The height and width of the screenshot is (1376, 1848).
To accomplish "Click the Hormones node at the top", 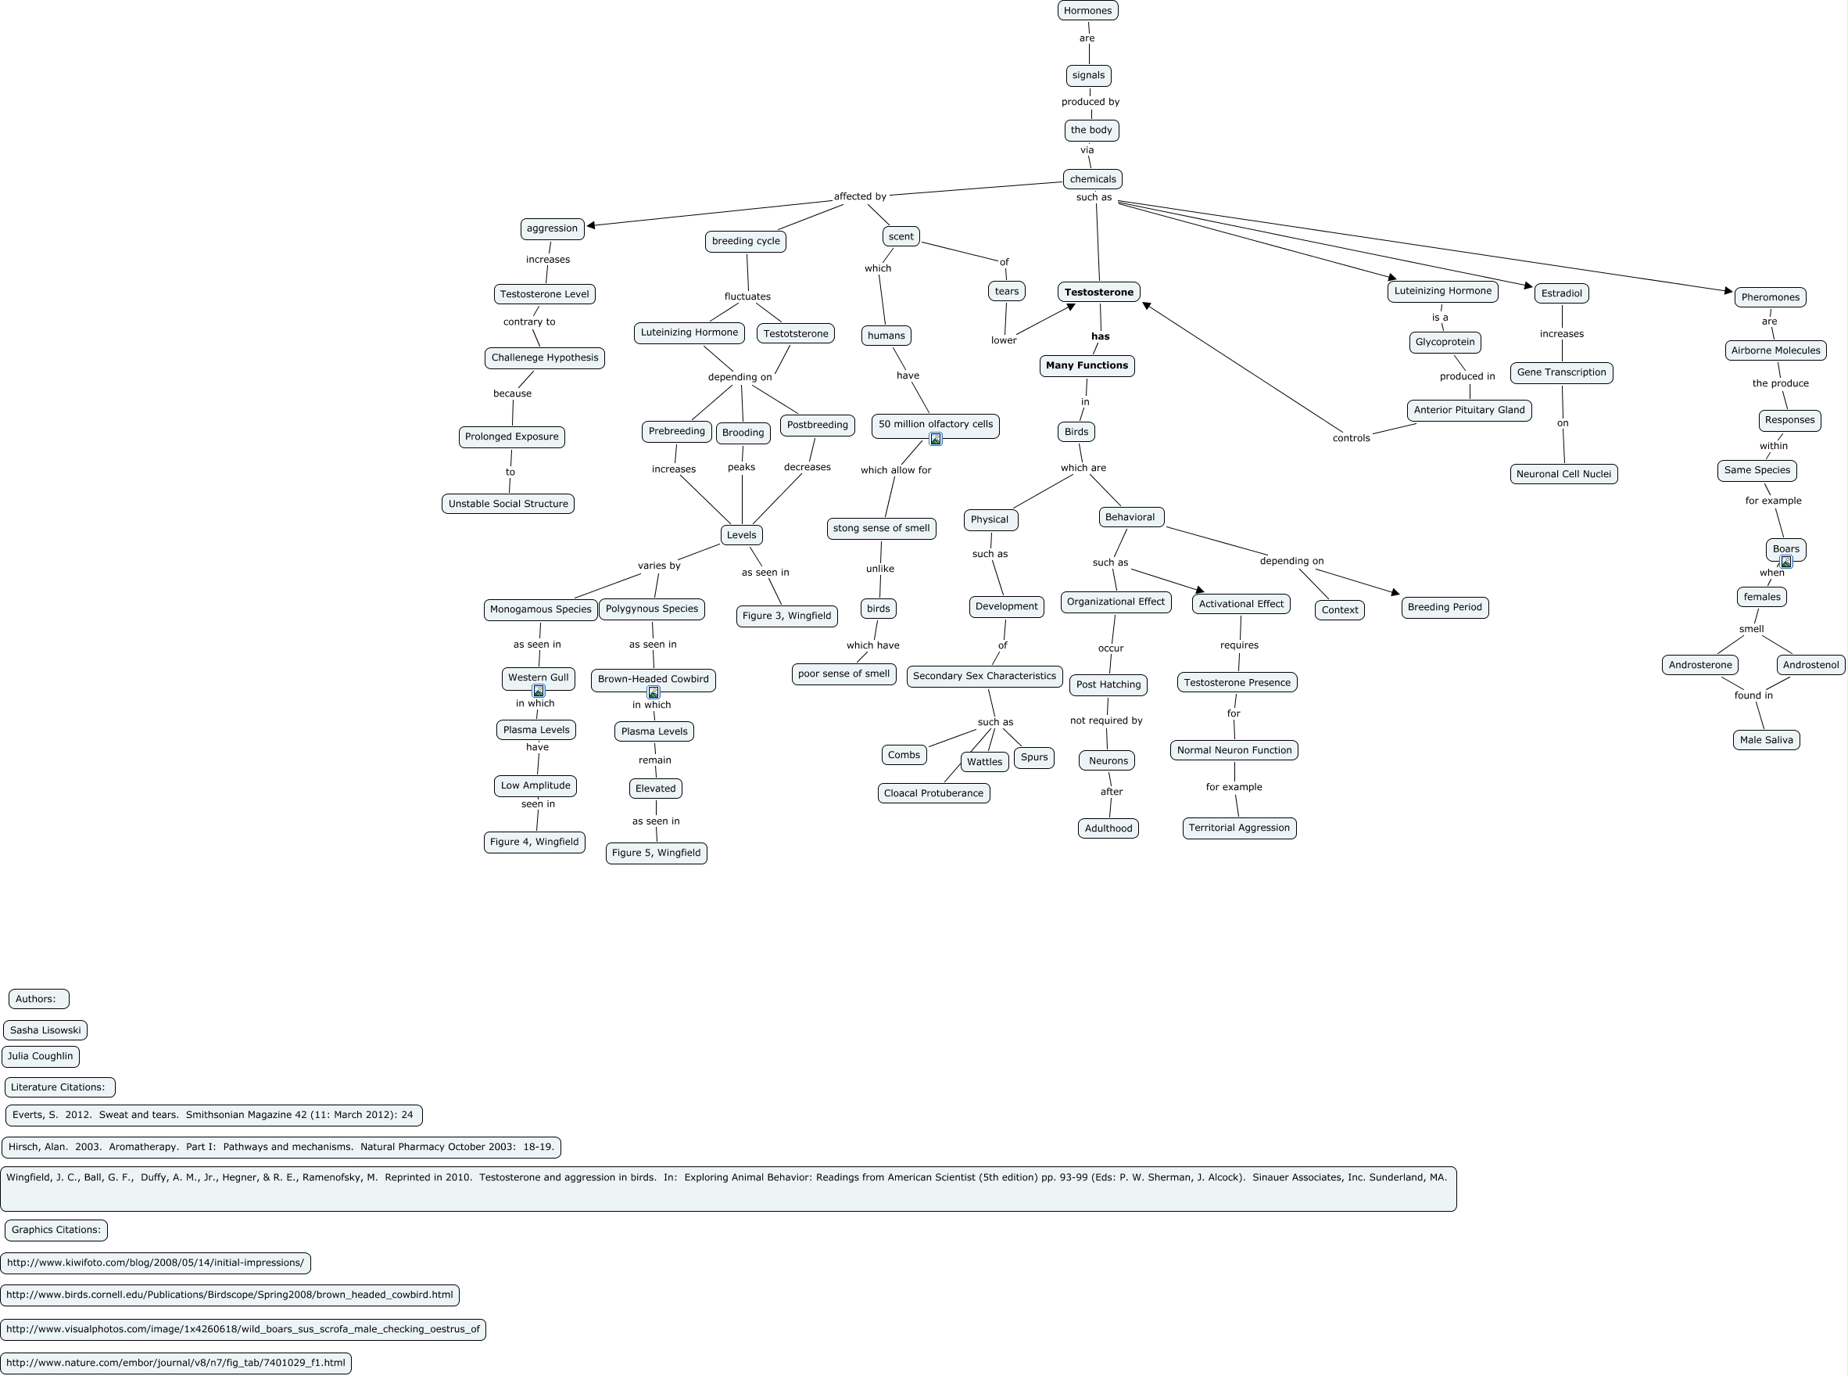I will [x=1087, y=11].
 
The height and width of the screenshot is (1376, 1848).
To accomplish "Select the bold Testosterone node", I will [x=1099, y=293].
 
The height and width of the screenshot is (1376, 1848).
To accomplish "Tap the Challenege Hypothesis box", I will [x=544, y=358].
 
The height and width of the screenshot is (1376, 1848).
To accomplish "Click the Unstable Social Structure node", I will [x=508, y=504].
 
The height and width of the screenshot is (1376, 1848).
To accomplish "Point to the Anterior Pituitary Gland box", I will [x=1469, y=410].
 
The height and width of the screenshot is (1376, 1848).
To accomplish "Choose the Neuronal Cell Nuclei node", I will [x=1563, y=474].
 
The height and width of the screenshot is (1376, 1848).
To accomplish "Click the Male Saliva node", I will [x=1766, y=740].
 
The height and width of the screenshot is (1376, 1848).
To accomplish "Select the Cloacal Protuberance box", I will [x=933, y=793].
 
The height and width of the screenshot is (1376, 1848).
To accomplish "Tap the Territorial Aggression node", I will [x=1239, y=828].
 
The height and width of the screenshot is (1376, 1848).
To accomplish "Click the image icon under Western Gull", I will [x=539, y=692].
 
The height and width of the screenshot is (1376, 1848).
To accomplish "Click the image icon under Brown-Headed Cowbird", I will [x=654, y=692].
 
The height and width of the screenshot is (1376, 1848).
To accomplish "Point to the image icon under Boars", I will [x=1785, y=562].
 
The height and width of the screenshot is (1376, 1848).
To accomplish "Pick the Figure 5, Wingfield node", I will [x=656, y=853].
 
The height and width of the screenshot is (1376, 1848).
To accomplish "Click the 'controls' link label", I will [x=1351, y=438].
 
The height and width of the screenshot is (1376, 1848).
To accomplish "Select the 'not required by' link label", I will [x=1106, y=720].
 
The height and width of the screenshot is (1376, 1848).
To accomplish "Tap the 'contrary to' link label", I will [x=529, y=322].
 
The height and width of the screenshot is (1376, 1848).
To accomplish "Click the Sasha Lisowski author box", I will [x=45, y=1030].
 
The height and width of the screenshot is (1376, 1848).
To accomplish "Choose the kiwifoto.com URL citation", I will [x=156, y=1263].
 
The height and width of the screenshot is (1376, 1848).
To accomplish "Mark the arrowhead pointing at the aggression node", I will [x=592, y=225].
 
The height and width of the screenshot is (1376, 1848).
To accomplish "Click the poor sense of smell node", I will [x=843, y=674].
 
